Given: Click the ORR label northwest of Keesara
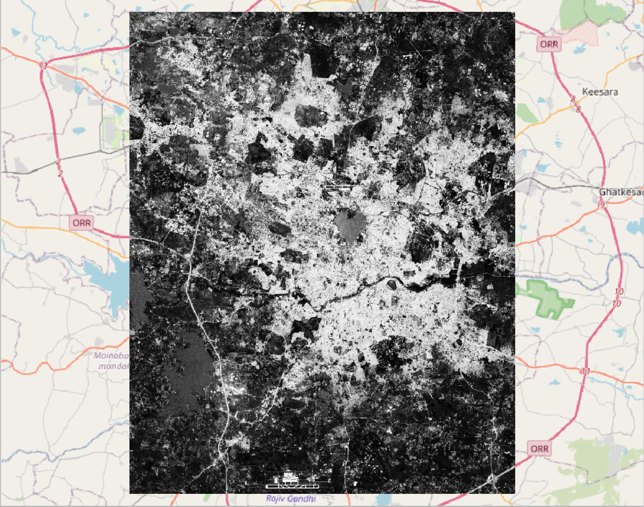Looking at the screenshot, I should [549, 44].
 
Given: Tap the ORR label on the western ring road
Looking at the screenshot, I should [81, 223].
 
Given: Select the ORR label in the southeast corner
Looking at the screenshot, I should [539, 448].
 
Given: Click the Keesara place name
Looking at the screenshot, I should [600, 92].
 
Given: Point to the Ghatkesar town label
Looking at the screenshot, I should [621, 192].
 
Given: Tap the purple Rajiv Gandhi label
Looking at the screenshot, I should [291, 498].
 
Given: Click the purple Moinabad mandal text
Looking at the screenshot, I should [110, 361].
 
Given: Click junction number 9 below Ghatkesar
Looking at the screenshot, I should [602, 205].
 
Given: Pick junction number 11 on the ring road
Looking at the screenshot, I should [586, 371].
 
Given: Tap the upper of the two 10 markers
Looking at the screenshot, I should [619, 291].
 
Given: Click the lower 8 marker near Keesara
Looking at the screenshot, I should [578, 110].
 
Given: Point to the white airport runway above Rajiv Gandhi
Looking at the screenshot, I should [292, 486].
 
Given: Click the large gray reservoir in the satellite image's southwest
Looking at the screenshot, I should [184, 365].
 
